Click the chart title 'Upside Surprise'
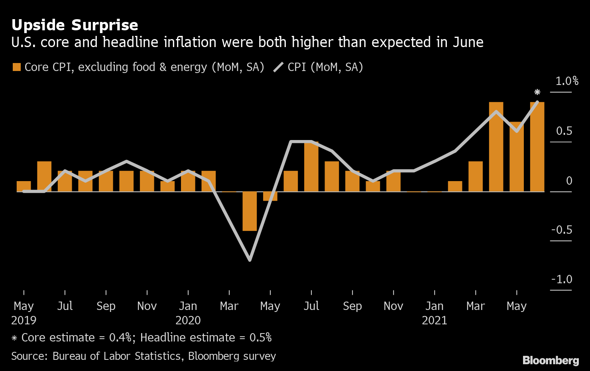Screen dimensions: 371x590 (75, 25)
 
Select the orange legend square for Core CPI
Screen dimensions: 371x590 (17, 67)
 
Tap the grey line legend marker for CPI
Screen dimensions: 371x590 (278, 67)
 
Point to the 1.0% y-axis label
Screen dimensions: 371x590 (567, 81)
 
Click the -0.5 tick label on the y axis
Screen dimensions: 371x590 (562, 230)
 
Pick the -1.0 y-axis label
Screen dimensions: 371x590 (562, 279)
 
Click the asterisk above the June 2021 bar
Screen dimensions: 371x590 (537, 93)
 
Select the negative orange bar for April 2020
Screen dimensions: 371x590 (250, 211)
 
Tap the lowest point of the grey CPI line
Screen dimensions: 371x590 (250, 260)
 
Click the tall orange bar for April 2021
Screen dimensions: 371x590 (496, 147)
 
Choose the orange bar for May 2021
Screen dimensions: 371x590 (517, 157)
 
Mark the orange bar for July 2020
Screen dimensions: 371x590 (311, 167)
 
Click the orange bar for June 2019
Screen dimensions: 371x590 (44, 176)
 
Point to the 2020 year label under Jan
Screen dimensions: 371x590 (188, 320)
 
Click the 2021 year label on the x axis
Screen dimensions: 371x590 (435, 320)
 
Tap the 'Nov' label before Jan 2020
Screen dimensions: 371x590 (147, 306)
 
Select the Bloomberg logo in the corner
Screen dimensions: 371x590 (551, 360)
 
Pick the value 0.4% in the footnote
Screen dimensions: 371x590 (120, 337)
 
